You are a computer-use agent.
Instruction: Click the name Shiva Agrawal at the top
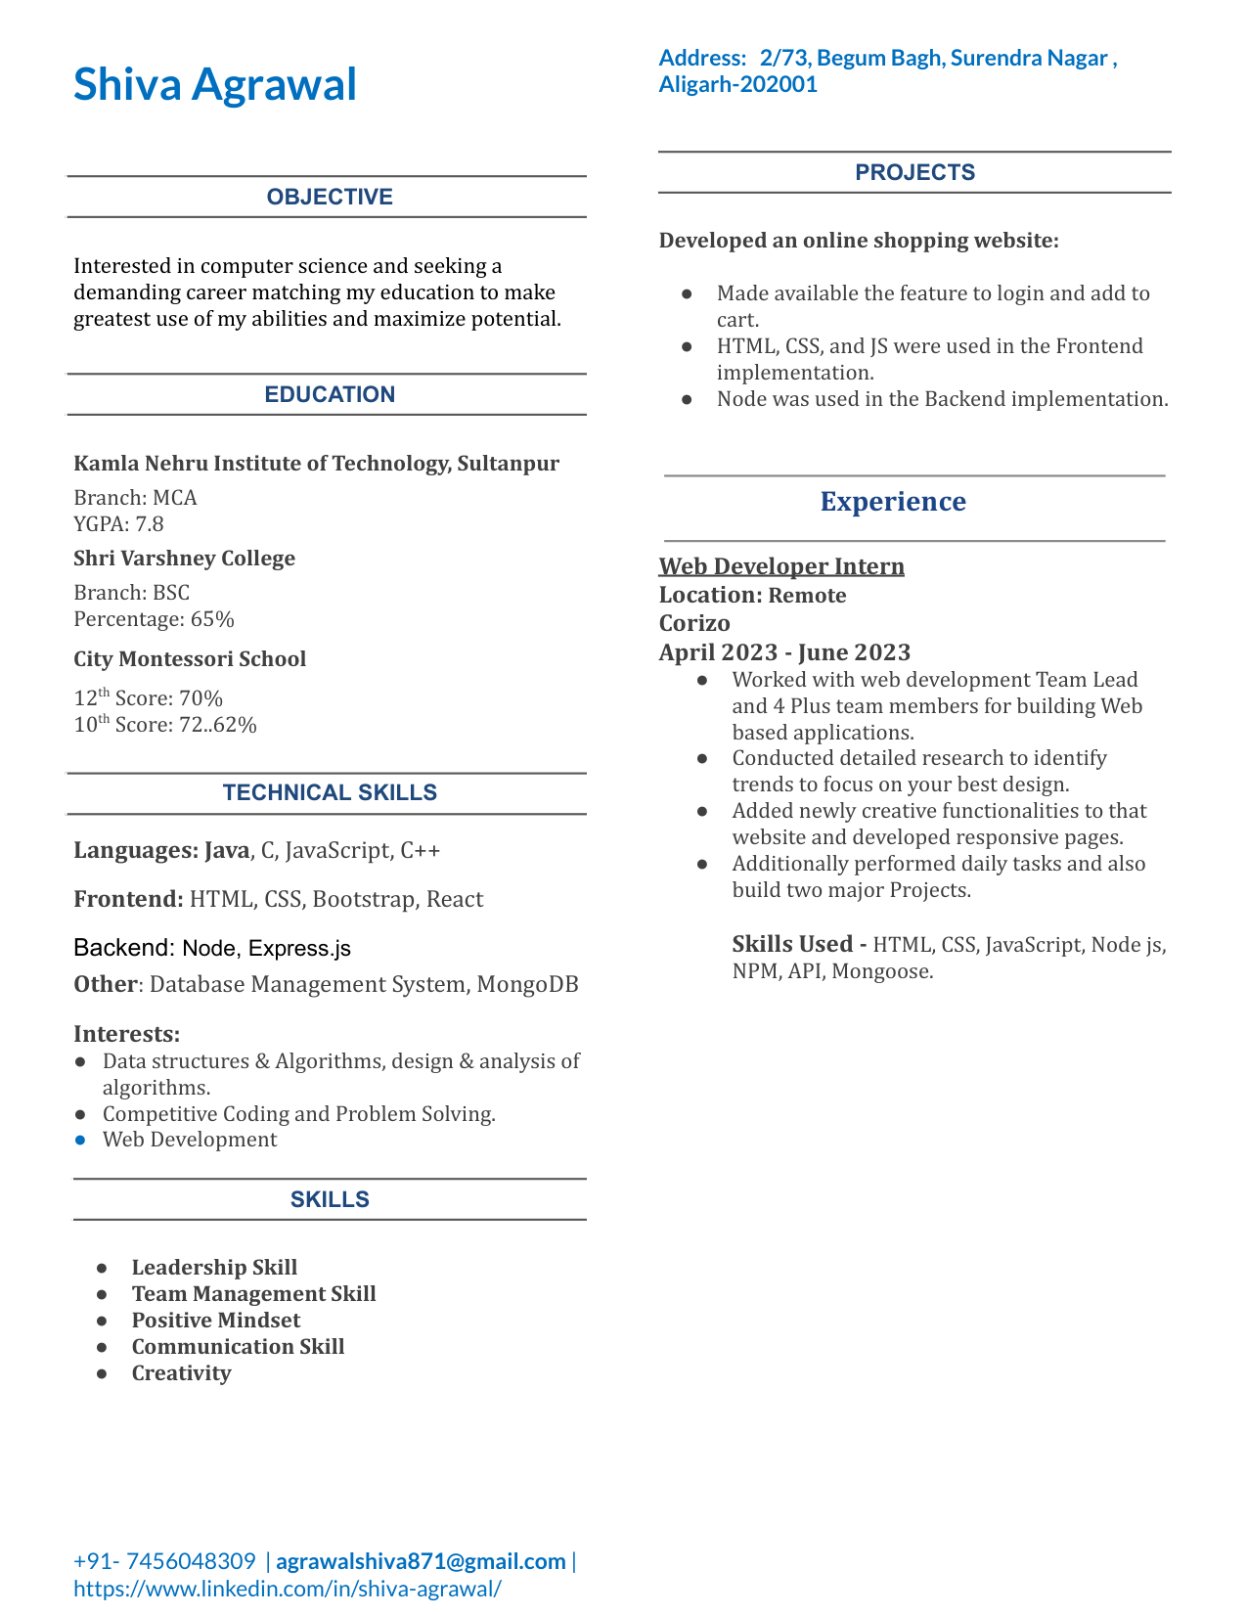pos(215,84)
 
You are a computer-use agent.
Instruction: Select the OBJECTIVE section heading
pos(330,197)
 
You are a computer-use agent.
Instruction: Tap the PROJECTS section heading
pos(914,172)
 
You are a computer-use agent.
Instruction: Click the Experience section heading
pos(893,502)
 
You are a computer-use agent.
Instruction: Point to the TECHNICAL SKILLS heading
pos(330,792)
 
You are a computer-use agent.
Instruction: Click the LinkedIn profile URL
pos(288,1588)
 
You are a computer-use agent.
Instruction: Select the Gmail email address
pos(421,1561)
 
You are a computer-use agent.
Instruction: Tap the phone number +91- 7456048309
pos(164,1561)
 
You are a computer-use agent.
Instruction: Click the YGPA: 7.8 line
pos(118,524)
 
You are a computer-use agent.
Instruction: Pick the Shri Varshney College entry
pos(184,559)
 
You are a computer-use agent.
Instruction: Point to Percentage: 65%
pos(154,619)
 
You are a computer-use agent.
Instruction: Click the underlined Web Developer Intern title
pos(781,566)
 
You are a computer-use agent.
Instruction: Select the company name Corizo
pos(694,623)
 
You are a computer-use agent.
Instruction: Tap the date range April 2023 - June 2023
pos(784,652)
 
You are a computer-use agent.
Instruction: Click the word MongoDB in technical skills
pos(527,984)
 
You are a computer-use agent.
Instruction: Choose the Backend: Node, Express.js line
pos(212,948)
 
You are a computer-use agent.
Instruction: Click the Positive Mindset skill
pos(215,1321)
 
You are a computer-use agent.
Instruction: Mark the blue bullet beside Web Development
pos(80,1141)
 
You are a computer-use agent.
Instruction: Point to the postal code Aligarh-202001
pos(738,84)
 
